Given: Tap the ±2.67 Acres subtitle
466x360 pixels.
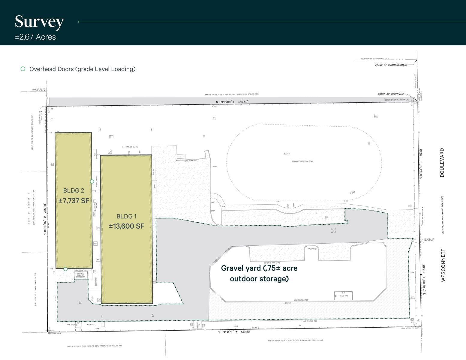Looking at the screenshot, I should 35,37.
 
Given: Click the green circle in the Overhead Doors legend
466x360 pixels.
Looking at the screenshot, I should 23,69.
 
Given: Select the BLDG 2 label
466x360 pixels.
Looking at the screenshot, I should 74,190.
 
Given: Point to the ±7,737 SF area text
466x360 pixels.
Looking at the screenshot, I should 74,201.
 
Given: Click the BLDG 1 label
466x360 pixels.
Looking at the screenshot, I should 126,216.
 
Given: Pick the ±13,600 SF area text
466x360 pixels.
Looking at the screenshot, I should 126,226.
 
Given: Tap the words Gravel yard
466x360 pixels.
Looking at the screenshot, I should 241,268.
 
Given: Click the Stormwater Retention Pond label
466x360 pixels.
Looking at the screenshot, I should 302,161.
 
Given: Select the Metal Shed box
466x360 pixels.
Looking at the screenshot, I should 343,295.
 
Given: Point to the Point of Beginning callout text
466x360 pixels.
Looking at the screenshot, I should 391,94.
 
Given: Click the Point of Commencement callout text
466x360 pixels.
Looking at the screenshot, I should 391,65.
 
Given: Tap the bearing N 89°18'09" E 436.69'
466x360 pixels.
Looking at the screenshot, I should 232,102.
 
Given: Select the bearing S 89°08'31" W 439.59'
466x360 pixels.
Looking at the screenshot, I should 234,332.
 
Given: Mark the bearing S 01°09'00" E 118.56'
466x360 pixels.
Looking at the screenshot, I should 424,279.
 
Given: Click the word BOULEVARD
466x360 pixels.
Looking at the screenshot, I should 442,162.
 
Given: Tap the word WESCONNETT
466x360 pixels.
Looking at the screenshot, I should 443,265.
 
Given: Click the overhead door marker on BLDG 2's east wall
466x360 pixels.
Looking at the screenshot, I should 92,181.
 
